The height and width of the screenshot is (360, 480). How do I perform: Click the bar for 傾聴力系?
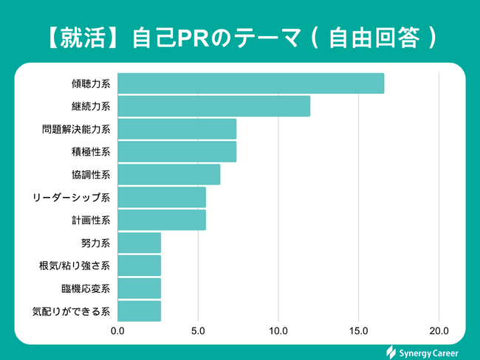(x=250, y=83)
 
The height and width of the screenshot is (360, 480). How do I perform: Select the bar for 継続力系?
(x=213, y=106)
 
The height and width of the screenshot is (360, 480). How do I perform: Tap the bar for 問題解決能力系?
(x=176, y=129)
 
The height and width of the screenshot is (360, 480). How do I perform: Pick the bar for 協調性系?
(x=168, y=175)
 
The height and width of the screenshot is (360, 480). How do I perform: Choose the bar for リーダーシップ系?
(x=161, y=198)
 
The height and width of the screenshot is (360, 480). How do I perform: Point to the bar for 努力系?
(x=139, y=243)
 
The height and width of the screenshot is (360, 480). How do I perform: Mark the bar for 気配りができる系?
(x=139, y=311)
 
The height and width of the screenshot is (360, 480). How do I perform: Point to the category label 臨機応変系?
(x=86, y=288)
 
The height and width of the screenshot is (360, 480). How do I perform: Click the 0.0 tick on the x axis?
(x=117, y=330)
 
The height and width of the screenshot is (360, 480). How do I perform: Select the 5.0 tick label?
(x=198, y=330)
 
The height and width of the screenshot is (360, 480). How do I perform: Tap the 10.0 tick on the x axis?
(x=278, y=330)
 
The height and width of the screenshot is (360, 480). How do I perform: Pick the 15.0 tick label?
(x=359, y=330)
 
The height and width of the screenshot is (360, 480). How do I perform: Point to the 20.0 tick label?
(x=439, y=330)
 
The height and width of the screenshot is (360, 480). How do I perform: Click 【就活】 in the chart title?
(x=74, y=37)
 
